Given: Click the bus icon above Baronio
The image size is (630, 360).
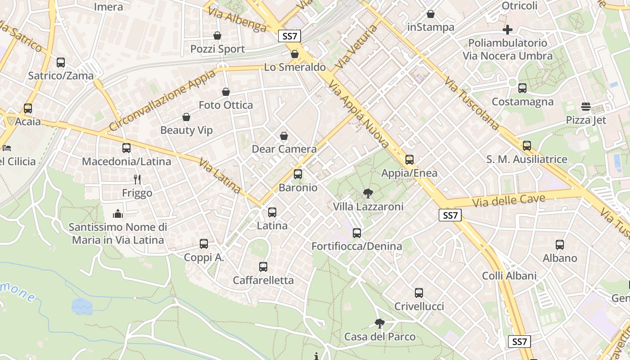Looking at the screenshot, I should pyautogui.click(x=297, y=174).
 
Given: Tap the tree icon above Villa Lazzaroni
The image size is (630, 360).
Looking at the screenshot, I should pyautogui.click(x=368, y=193).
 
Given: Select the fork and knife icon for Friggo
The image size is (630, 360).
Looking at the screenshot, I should pyautogui.click(x=137, y=180).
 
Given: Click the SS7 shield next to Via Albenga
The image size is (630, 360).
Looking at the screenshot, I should pyautogui.click(x=289, y=36).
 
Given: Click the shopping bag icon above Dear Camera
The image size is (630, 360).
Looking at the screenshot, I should pyautogui.click(x=284, y=136).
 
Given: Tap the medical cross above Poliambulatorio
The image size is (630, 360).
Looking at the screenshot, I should pyautogui.click(x=508, y=30).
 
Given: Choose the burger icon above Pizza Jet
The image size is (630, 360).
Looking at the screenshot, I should pyautogui.click(x=585, y=107).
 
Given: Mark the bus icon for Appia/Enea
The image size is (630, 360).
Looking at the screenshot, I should pyautogui.click(x=409, y=160).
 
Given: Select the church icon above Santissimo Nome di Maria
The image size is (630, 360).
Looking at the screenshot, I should pyautogui.click(x=118, y=214).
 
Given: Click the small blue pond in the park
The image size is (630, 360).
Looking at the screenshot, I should pyautogui.click(x=82, y=306).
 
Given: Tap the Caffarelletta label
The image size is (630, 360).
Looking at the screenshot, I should pyautogui.click(x=263, y=280).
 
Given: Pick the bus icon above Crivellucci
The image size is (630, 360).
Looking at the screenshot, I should pyautogui.click(x=419, y=293).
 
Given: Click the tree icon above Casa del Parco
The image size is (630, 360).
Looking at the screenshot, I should pyautogui.click(x=380, y=323).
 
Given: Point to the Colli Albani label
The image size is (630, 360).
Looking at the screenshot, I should pyautogui.click(x=509, y=276).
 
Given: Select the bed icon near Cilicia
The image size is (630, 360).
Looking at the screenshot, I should pyautogui.click(x=6, y=148).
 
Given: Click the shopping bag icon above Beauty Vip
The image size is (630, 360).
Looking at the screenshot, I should pyautogui.click(x=186, y=117).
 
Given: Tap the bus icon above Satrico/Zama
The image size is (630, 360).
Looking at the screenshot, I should pyautogui.click(x=61, y=63).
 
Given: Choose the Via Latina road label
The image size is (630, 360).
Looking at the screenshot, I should pyautogui.click(x=219, y=176).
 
